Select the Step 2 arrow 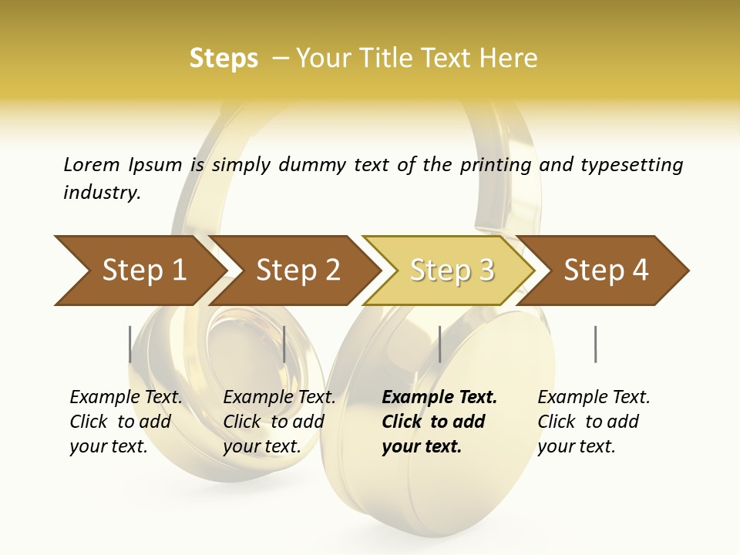pyautogui.click(x=298, y=271)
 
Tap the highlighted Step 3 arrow pyautogui.click(x=452, y=271)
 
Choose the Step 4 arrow pyautogui.click(x=606, y=271)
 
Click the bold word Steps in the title pyautogui.click(x=224, y=59)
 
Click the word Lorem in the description pyautogui.click(x=91, y=165)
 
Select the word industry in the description pyautogui.click(x=101, y=193)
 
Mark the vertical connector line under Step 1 pyautogui.click(x=130, y=344)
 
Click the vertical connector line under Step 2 pyautogui.click(x=284, y=344)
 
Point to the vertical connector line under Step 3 pyautogui.click(x=439, y=344)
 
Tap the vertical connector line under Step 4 pyautogui.click(x=595, y=344)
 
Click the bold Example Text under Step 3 pyautogui.click(x=439, y=398)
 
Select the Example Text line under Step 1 pyautogui.click(x=126, y=398)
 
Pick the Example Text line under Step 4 pyautogui.click(x=594, y=398)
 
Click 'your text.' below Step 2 pyautogui.click(x=261, y=447)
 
